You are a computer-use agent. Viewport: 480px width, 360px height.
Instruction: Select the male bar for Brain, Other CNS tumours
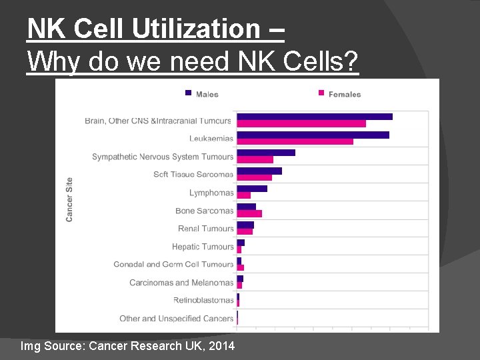(x=314, y=117)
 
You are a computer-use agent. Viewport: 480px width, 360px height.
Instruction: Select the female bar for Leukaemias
(x=295, y=141)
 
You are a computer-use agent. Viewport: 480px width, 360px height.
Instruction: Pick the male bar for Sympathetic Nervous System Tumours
(x=265, y=153)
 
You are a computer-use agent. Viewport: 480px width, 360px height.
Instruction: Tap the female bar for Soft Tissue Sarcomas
(x=254, y=177)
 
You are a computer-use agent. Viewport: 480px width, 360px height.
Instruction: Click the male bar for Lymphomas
(x=251, y=189)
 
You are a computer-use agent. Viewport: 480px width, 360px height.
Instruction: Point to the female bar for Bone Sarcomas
(x=249, y=213)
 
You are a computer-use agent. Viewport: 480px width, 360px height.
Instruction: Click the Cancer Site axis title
(x=69, y=199)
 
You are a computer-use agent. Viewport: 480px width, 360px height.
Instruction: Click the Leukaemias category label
(x=211, y=139)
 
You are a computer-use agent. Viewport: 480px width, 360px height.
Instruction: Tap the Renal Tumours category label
(x=206, y=229)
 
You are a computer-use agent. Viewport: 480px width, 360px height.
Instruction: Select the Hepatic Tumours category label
(x=203, y=247)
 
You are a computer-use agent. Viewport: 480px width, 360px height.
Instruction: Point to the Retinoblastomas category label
(x=203, y=300)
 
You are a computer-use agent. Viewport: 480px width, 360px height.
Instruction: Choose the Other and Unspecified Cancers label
(x=177, y=319)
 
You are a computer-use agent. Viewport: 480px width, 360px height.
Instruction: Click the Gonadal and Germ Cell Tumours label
(x=173, y=265)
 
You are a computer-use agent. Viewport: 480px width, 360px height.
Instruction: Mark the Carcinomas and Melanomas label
(x=181, y=283)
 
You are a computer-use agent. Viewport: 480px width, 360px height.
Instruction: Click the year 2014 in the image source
(x=221, y=346)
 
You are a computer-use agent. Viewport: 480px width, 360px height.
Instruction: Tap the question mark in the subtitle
(x=351, y=63)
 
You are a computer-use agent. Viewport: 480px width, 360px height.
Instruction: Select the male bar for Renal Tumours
(x=245, y=225)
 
